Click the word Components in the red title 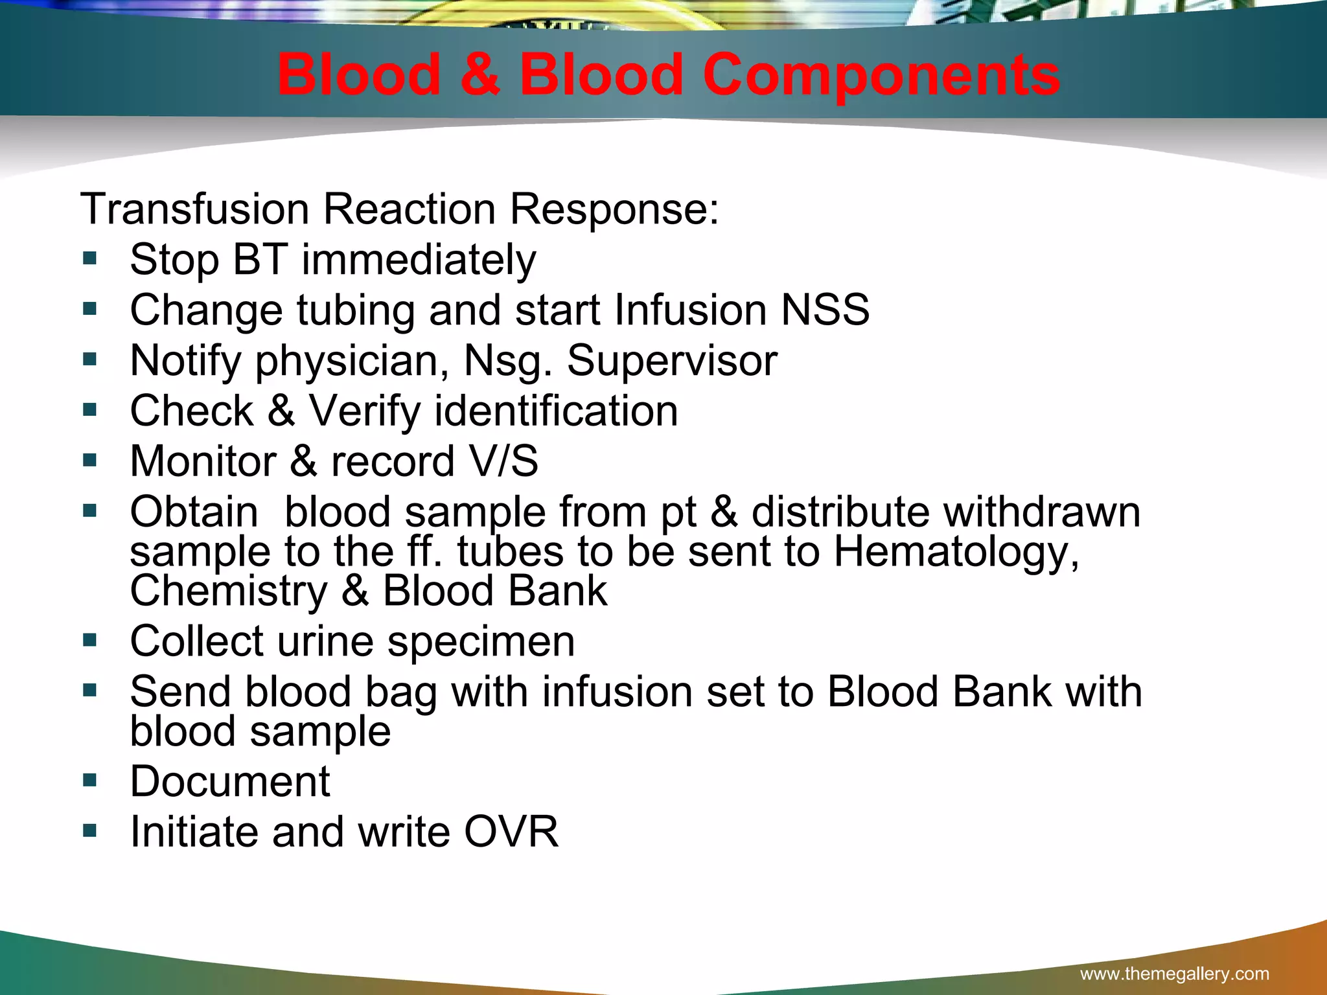tap(881, 76)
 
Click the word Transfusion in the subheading tap(195, 209)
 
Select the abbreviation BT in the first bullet tap(260, 259)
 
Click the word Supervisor tap(672, 360)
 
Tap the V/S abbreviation tap(503, 461)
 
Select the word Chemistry tap(229, 591)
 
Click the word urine tap(325, 641)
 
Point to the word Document tap(230, 781)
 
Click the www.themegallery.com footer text tap(1174, 974)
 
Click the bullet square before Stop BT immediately tap(90, 259)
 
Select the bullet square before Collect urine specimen tap(90, 641)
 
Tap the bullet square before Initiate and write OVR tap(90, 831)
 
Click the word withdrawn tap(1041, 512)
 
